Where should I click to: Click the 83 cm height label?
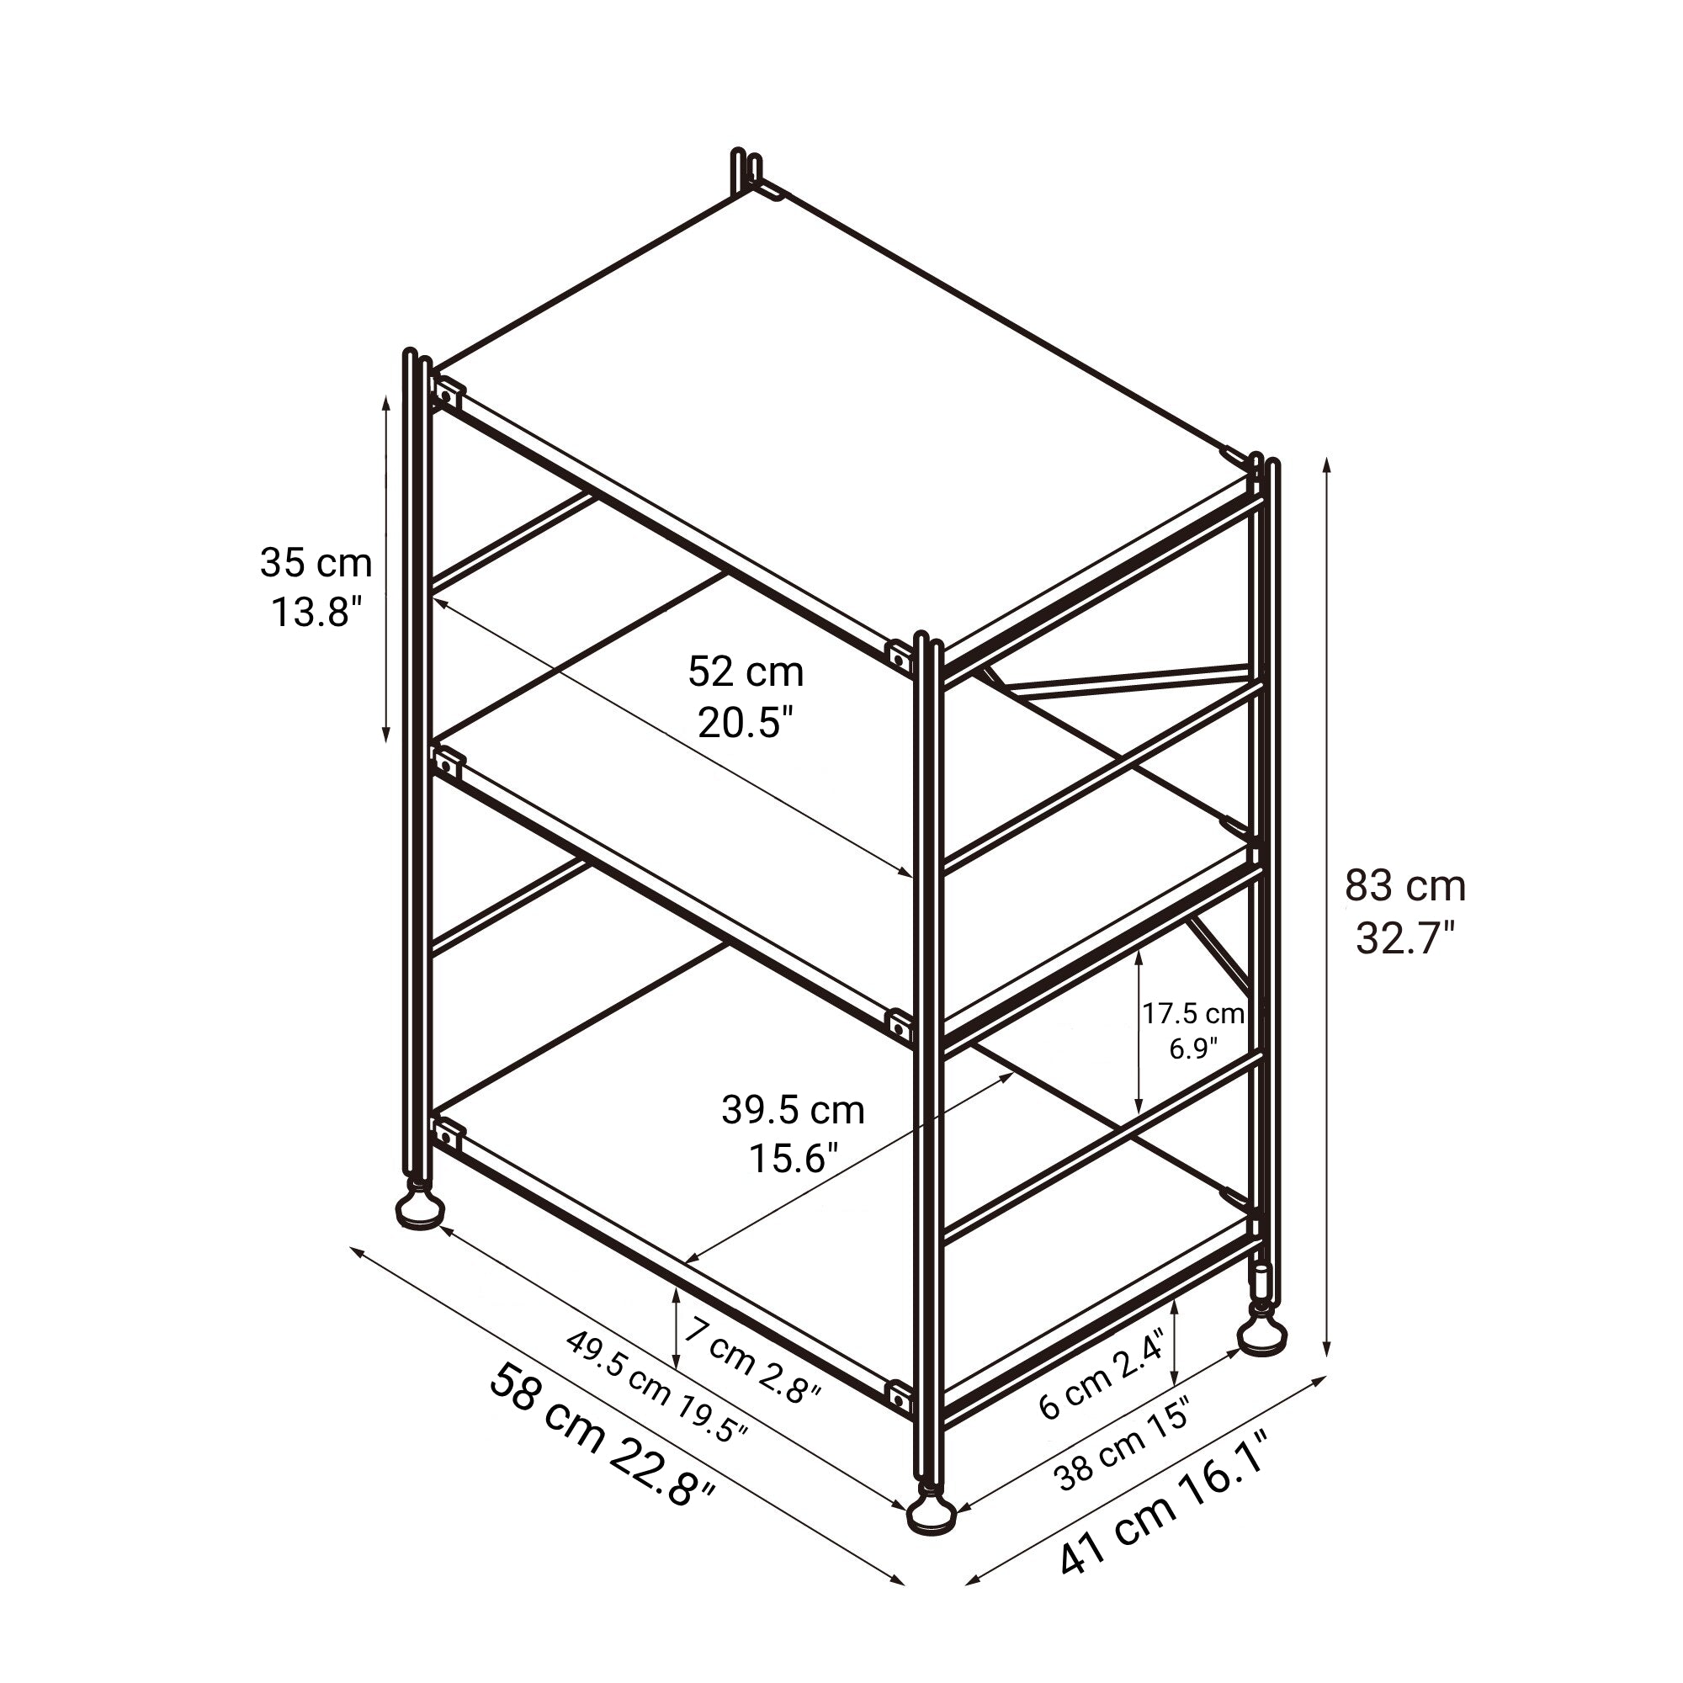pyautogui.click(x=1405, y=887)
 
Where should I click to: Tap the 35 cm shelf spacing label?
pyautogui.click(x=316, y=563)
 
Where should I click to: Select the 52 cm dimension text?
pyautogui.click(x=746, y=672)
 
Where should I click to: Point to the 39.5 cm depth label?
pyautogui.click(x=793, y=1110)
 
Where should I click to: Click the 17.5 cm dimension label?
pyautogui.click(x=1193, y=1013)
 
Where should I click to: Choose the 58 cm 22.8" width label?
pyautogui.click(x=602, y=1447)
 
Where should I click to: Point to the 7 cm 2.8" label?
pyautogui.click(x=751, y=1361)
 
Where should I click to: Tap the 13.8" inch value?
pyautogui.click(x=316, y=612)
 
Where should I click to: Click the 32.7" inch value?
pyautogui.click(x=1405, y=938)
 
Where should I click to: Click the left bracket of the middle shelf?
pyautogui.click(x=446, y=767)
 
